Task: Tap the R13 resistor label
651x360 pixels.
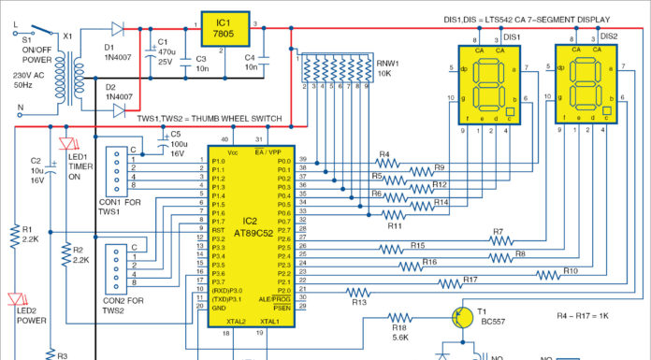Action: pyautogui.click(x=358, y=302)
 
